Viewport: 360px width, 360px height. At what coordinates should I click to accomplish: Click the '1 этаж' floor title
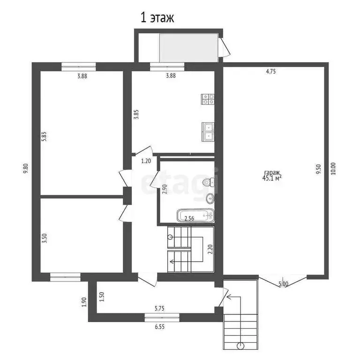click(x=157, y=18)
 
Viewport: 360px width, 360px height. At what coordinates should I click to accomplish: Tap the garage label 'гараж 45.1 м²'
click(x=272, y=176)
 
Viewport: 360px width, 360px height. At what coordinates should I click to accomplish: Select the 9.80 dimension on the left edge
click(x=26, y=168)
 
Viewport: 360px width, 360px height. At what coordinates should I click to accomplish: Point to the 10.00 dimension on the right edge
click(x=333, y=169)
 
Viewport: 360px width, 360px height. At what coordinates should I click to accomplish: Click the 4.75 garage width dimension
click(x=270, y=71)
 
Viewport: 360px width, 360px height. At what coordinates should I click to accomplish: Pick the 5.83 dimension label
click(x=44, y=136)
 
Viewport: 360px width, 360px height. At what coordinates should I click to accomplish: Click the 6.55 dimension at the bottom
click(x=159, y=327)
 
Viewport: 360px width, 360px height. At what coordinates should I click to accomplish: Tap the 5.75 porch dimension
click(x=159, y=308)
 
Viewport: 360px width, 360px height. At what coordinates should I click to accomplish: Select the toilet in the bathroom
click(x=209, y=182)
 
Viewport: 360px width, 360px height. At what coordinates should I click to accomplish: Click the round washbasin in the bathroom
click(x=210, y=199)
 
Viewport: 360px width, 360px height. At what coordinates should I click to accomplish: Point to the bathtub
click(x=195, y=215)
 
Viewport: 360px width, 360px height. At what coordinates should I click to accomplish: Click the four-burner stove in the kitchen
click(x=208, y=99)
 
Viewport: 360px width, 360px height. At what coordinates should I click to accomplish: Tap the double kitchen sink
click(x=208, y=132)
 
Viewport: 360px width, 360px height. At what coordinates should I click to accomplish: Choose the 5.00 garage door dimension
click(x=283, y=284)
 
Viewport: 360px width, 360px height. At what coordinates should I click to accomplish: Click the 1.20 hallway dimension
click(x=146, y=161)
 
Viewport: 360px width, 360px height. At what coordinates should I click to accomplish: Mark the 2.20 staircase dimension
click(x=210, y=249)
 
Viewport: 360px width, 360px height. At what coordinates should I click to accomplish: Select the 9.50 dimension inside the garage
click(x=318, y=169)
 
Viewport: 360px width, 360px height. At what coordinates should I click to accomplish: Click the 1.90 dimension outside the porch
click(x=84, y=302)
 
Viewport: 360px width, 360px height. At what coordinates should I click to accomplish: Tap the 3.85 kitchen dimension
click(x=136, y=114)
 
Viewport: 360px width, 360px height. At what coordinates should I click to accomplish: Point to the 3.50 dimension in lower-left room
click(x=45, y=238)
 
